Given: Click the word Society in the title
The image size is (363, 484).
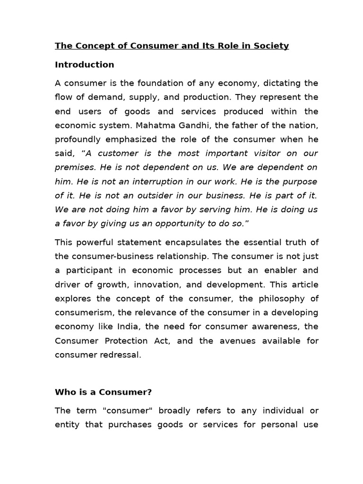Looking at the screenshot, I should pos(271,46).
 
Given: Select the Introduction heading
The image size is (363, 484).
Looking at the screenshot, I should pos(84,65).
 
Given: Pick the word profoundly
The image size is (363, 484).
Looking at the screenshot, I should pos(78,139).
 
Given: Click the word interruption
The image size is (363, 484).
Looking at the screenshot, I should pos(163,182).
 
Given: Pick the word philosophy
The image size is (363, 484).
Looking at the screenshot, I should pos(279,299).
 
